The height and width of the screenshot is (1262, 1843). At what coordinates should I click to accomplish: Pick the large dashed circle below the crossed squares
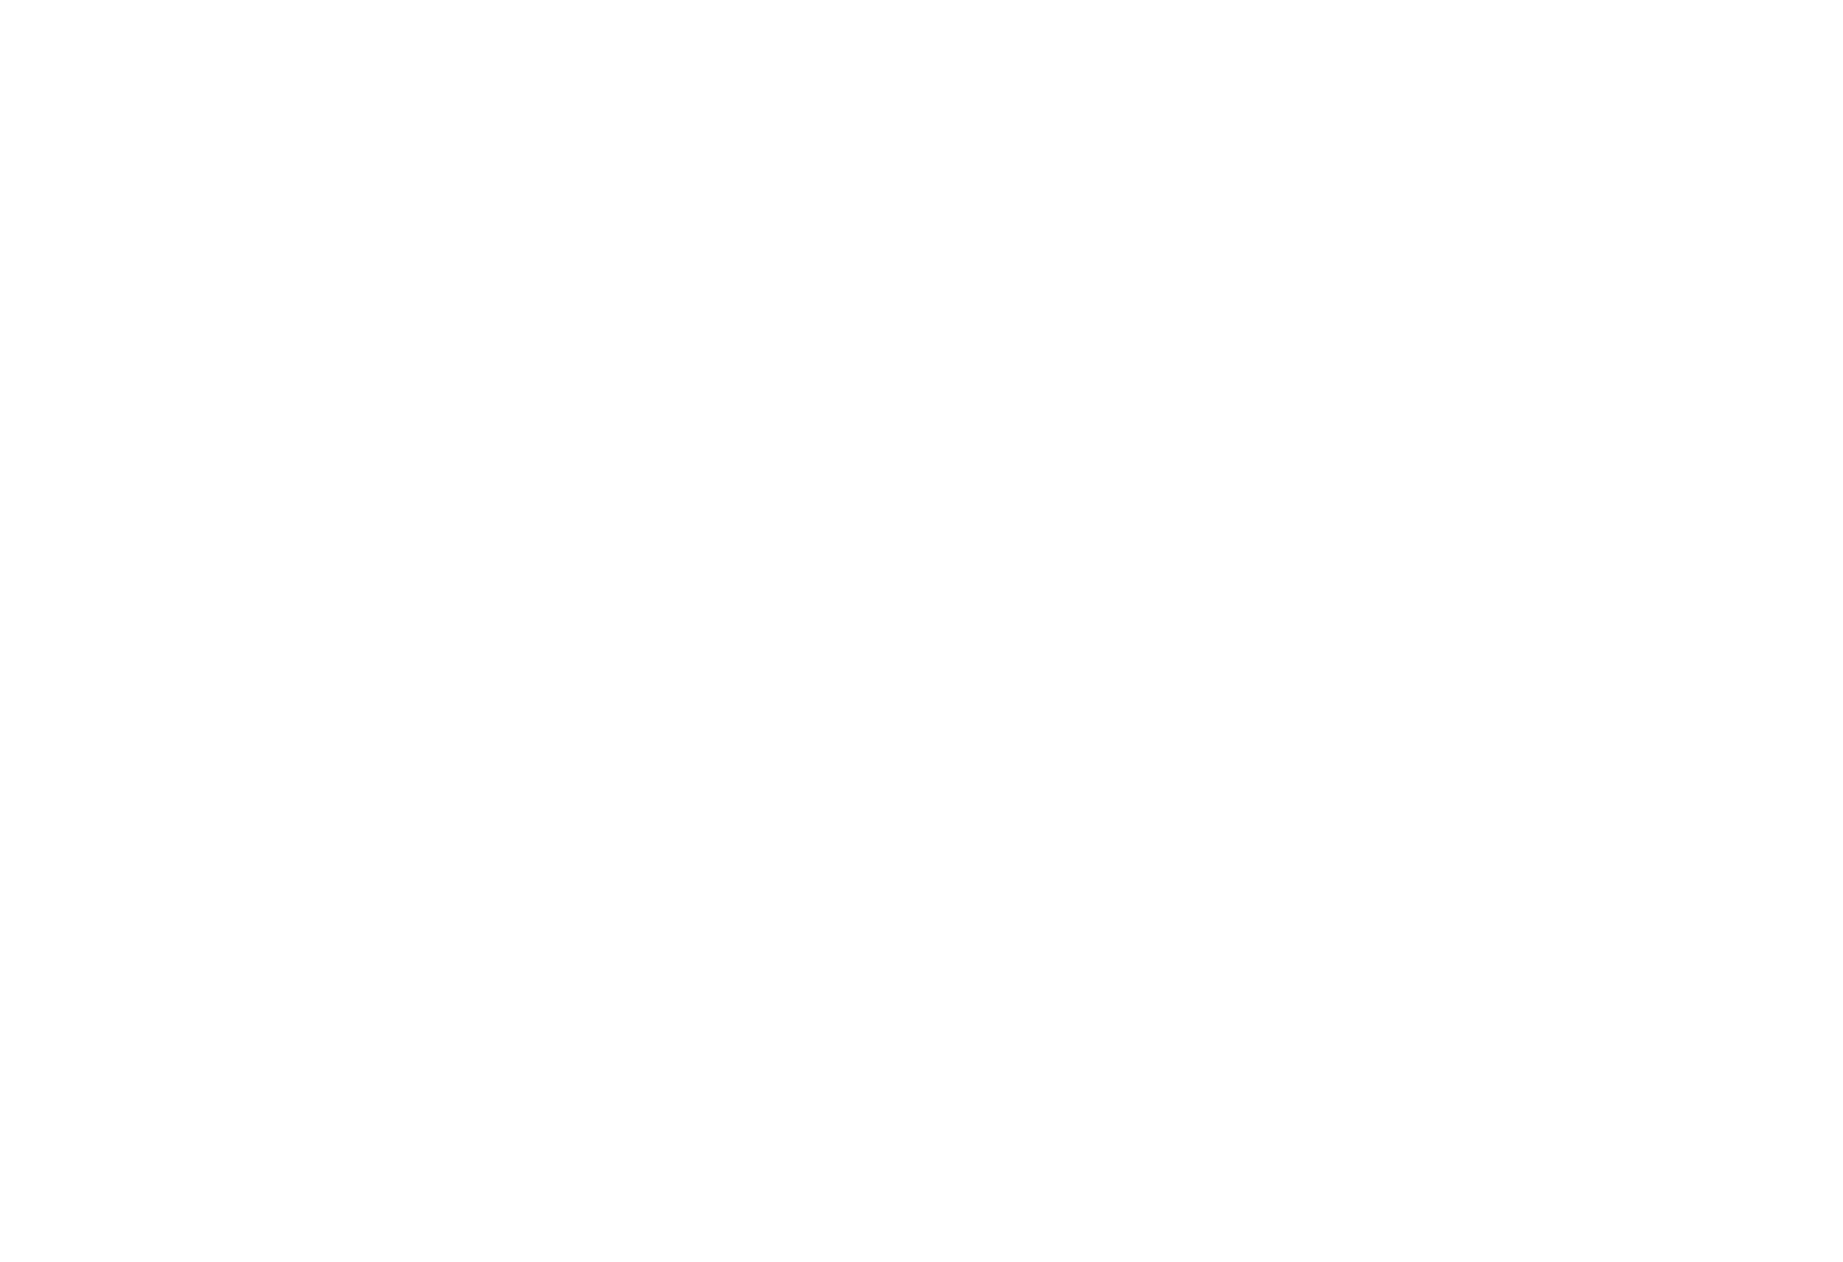coord(334,458)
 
